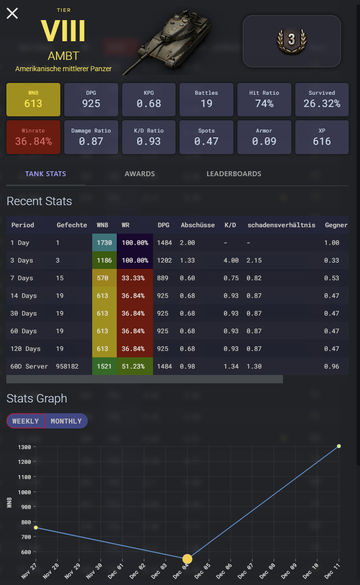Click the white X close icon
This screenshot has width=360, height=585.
12,13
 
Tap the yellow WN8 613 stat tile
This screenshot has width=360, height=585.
33,99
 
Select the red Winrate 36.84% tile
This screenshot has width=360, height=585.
33,136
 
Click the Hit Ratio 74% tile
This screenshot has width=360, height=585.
264,99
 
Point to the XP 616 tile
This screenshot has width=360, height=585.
322,136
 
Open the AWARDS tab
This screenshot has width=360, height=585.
140,174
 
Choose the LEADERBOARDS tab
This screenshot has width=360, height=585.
233,174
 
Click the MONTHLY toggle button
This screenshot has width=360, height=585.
66,421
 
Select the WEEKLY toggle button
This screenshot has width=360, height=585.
26,421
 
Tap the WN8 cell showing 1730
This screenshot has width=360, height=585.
104,243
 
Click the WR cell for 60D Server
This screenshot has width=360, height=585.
134,367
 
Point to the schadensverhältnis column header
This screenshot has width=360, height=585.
281,225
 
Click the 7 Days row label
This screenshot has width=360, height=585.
23,278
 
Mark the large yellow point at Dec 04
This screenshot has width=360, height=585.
187,559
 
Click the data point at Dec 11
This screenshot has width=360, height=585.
339,446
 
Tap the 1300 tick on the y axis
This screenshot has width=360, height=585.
25,447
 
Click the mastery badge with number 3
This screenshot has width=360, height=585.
291,40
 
